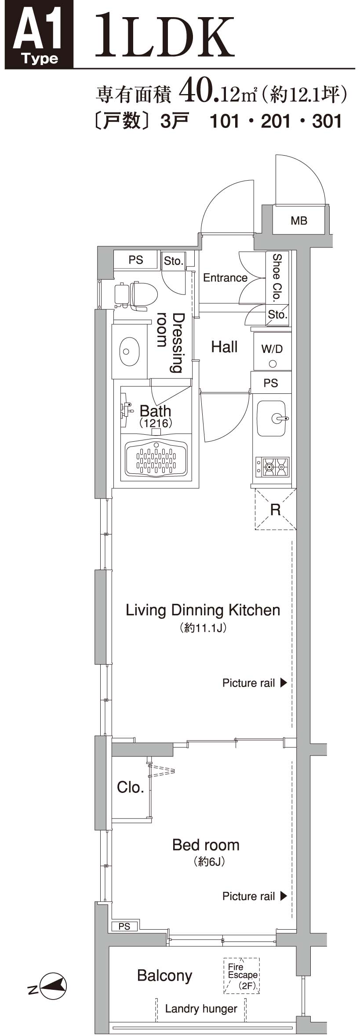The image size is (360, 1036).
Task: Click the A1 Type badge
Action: click(x=39, y=35)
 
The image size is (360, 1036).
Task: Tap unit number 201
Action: click(x=276, y=121)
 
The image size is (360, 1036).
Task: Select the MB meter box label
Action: click(x=299, y=221)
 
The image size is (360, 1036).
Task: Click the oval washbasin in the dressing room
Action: click(x=129, y=351)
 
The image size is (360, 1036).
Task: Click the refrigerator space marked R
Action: click(x=275, y=509)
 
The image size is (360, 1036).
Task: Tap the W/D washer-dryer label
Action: click(x=272, y=349)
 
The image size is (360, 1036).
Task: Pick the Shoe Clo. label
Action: click(x=276, y=277)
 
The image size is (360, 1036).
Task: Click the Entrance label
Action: click(x=225, y=278)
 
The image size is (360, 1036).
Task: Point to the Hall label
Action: click(x=225, y=347)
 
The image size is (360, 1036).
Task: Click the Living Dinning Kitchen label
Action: click(x=203, y=610)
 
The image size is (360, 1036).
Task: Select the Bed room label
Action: click(x=206, y=845)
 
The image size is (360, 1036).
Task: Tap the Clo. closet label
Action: click(x=131, y=787)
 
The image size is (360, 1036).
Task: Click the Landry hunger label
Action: click(x=201, y=1009)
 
